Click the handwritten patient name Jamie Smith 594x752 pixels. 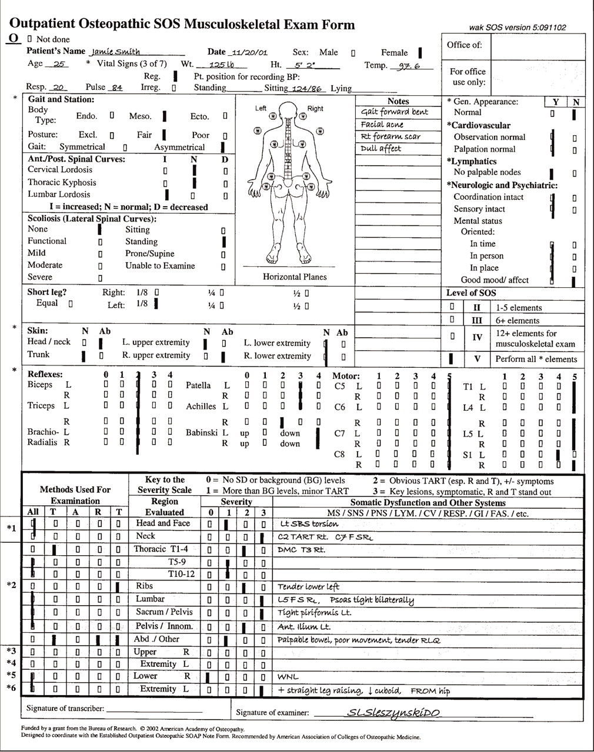tap(116, 52)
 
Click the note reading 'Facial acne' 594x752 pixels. tap(382, 125)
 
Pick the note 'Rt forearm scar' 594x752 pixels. tap(391, 136)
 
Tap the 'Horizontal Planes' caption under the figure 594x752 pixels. tap(295, 277)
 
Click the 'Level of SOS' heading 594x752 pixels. tap(471, 293)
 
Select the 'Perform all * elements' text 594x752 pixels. tap(536, 359)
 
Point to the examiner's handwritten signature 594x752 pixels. tap(393, 713)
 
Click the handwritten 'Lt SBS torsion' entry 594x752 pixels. tap(309, 523)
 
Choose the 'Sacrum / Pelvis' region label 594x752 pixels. tap(164, 612)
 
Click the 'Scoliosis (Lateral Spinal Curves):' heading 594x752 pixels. tap(92, 219)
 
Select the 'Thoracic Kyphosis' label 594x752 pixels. tap(62, 182)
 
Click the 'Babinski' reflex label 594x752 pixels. tap(202, 432)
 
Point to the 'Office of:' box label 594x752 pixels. tap(464, 45)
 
